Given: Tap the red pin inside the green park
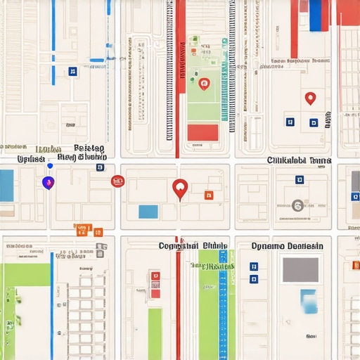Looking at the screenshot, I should pyautogui.click(x=204, y=84).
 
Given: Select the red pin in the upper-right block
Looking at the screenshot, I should pyautogui.click(x=310, y=98).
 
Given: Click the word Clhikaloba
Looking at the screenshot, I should pyautogui.click(x=289, y=160).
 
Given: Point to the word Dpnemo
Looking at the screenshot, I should pyautogui.click(x=269, y=246).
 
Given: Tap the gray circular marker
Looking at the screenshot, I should pyautogui.click(x=297, y=205).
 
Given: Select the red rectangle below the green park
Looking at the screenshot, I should pyautogui.click(x=203, y=132).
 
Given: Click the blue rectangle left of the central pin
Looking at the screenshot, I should pyautogui.click(x=148, y=212).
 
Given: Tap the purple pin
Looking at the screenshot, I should pyautogui.click(x=48, y=183).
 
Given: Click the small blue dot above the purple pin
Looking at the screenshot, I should pyautogui.click(x=49, y=166).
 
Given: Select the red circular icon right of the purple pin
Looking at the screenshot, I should pyautogui.click(x=117, y=181).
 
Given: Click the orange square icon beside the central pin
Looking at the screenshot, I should pyautogui.click(x=208, y=195).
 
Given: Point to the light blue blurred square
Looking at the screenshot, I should pyautogui.click(x=307, y=301).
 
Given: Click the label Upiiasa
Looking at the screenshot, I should pyautogui.click(x=31, y=160).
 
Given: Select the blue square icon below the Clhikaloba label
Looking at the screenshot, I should pyautogui.click(x=300, y=179).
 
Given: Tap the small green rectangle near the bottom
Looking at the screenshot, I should pyautogui.click(x=155, y=330).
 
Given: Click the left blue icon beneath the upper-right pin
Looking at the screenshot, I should pyautogui.click(x=290, y=122).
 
